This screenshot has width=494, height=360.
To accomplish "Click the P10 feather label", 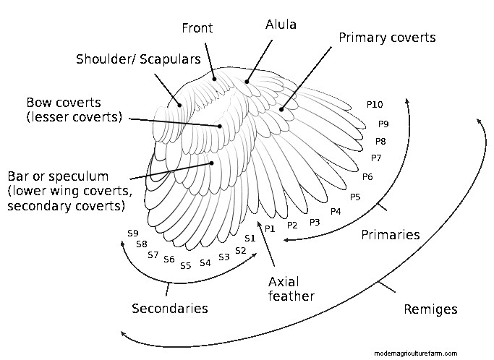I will tap(375, 106).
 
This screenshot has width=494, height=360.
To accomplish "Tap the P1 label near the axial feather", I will tap(270, 228).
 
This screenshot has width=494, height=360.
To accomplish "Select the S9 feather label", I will tap(132, 233).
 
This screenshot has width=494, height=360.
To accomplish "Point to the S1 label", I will tap(250, 238).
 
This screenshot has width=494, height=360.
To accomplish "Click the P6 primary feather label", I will tap(367, 177).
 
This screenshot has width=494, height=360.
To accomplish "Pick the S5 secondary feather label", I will tap(186, 265).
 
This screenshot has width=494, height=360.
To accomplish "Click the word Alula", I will tap(281, 25).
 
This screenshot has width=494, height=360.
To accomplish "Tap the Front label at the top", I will tap(197, 28).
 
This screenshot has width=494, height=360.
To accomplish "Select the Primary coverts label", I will tap(387, 38).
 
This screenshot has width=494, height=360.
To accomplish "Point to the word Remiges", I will tap(430, 309).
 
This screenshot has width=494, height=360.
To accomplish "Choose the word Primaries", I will tap(391, 234).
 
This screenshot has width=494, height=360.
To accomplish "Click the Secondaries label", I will tap(170, 309).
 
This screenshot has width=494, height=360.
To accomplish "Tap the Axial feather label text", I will tap(291, 288).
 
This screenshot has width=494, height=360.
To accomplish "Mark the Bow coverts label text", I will tap(74, 109).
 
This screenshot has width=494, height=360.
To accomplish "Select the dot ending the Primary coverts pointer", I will tap(281, 110).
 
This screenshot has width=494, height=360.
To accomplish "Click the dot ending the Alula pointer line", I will tap(247, 81).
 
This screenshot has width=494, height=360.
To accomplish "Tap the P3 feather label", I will tap(315, 222).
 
